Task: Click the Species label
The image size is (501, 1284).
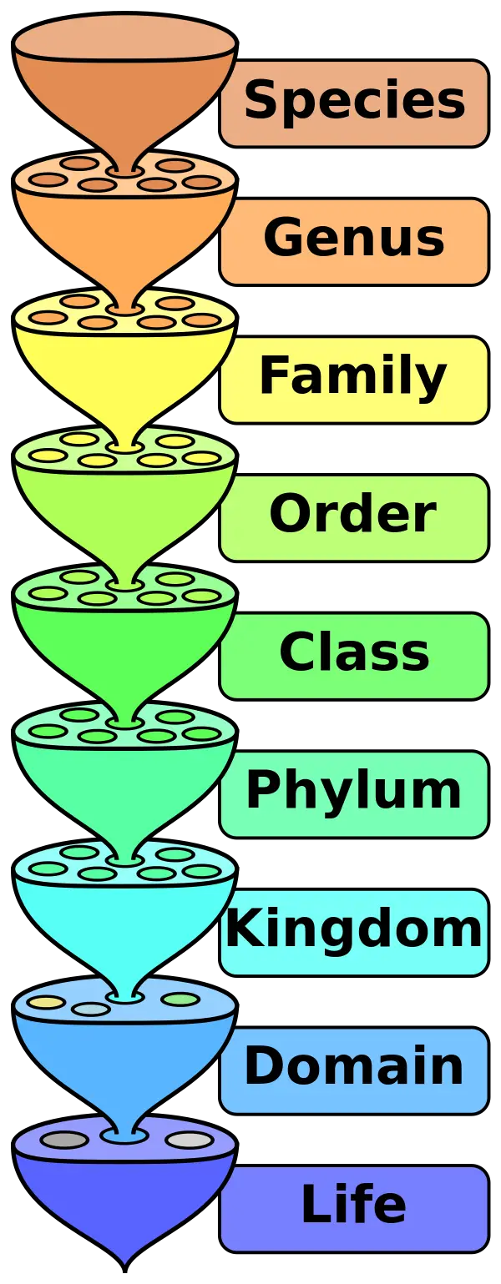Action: click(354, 102)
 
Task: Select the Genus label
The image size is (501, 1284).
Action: click(354, 239)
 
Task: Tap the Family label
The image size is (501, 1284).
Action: click(354, 378)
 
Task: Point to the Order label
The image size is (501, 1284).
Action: click(354, 516)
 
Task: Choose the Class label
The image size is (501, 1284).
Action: click(354, 654)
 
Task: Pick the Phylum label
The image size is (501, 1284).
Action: click(354, 792)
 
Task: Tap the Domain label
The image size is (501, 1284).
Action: click(354, 1068)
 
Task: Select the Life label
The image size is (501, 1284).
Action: click(354, 1206)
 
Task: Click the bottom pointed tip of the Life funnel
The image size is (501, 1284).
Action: click(125, 1261)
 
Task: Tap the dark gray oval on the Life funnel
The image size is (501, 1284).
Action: click(64, 1140)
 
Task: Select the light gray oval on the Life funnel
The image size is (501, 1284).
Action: click(190, 1140)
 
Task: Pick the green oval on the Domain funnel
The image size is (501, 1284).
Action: click(180, 999)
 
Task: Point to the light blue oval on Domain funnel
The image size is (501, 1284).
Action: click(91, 1010)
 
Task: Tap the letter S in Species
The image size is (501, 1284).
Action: click(261, 101)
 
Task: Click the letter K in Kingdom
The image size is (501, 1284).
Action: click(241, 929)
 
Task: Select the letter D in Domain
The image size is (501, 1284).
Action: click(262, 1067)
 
